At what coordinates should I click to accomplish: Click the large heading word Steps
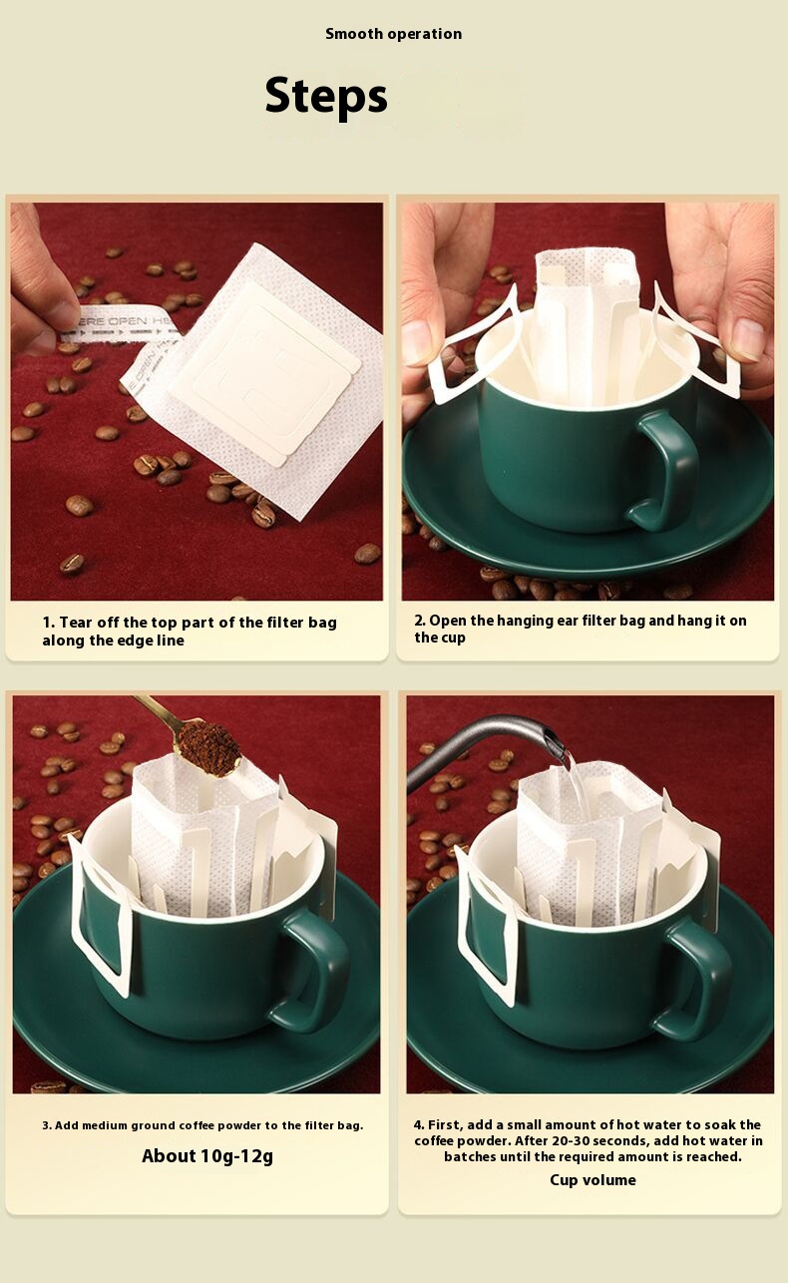[326, 96]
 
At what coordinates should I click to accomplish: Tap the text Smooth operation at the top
[393, 34]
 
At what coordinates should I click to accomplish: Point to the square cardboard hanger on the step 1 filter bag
[264, 372]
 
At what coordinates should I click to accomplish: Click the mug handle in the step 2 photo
[666, 470]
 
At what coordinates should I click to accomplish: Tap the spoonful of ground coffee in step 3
[207, 748]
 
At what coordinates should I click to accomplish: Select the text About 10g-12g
[207, 1156]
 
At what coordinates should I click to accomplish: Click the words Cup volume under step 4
[592, 1180]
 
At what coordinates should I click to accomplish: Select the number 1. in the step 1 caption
[49, 623]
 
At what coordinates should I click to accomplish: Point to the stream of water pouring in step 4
[578, 785]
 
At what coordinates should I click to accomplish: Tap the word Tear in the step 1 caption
[76, 623]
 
